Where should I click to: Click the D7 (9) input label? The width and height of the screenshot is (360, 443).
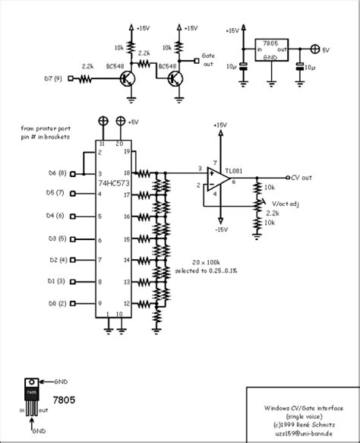tap(52, 78)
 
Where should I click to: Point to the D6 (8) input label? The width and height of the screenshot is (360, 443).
tap(57, 173)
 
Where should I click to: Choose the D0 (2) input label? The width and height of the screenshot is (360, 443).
tap(57, 303)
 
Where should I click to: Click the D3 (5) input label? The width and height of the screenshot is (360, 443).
tap(57, 239)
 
